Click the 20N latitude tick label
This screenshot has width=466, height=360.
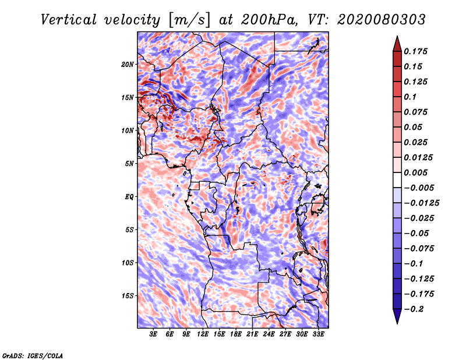pyautogui.click(x=128, y=65)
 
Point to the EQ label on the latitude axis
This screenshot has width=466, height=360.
pyautogui.click(x=129, y=197)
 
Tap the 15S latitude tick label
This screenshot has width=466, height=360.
pyautogui.click(x=128, y=296)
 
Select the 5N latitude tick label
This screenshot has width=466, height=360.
pyautogui.click(x=129, y=164)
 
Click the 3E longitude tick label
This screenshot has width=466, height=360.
pyautogui.click(x=153, y=334)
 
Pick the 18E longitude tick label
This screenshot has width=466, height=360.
pyautogui.click(x=236, y=334)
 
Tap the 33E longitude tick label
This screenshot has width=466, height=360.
pyautogui.click(x=318, y=334)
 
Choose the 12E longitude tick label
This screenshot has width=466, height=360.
pyautogui.click(x=203, y=334)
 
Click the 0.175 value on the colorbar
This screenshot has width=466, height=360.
pyautogui.click(x=416, y=51)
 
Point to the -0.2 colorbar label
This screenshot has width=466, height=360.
pyautogui.click(x=414, y=309)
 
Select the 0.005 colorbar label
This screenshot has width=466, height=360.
pyautogui.click(x=416, y=172)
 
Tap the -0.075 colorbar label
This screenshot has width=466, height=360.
pyautogui.click(x=419, y=249)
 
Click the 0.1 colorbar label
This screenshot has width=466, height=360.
pyautogui.click(x=411, y=97)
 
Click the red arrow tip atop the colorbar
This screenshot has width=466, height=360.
pyautogui.click(x=397, y=36)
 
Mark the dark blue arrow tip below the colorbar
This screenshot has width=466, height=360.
pyautogui.click(x=397, y=323)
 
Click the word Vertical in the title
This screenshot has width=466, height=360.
pyautogui.click(x=69, y=20)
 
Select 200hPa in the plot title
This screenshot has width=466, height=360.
pyautogui.click(x=269, y=20)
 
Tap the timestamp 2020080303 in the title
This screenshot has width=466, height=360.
pyautogui.click(x=382, y=20)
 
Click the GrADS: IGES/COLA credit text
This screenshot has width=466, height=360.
pyautogui.click(x=33, y=355)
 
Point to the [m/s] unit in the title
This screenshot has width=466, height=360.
pyautogui.click(x=189, y=20)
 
